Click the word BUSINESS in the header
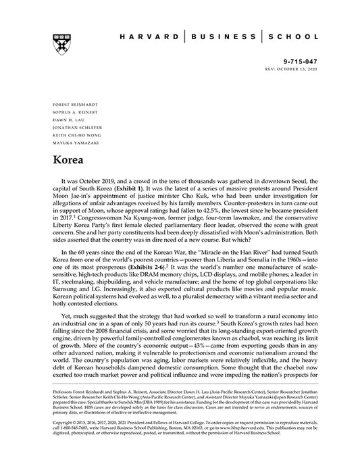pyautogui.click(x=225, y=37)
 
